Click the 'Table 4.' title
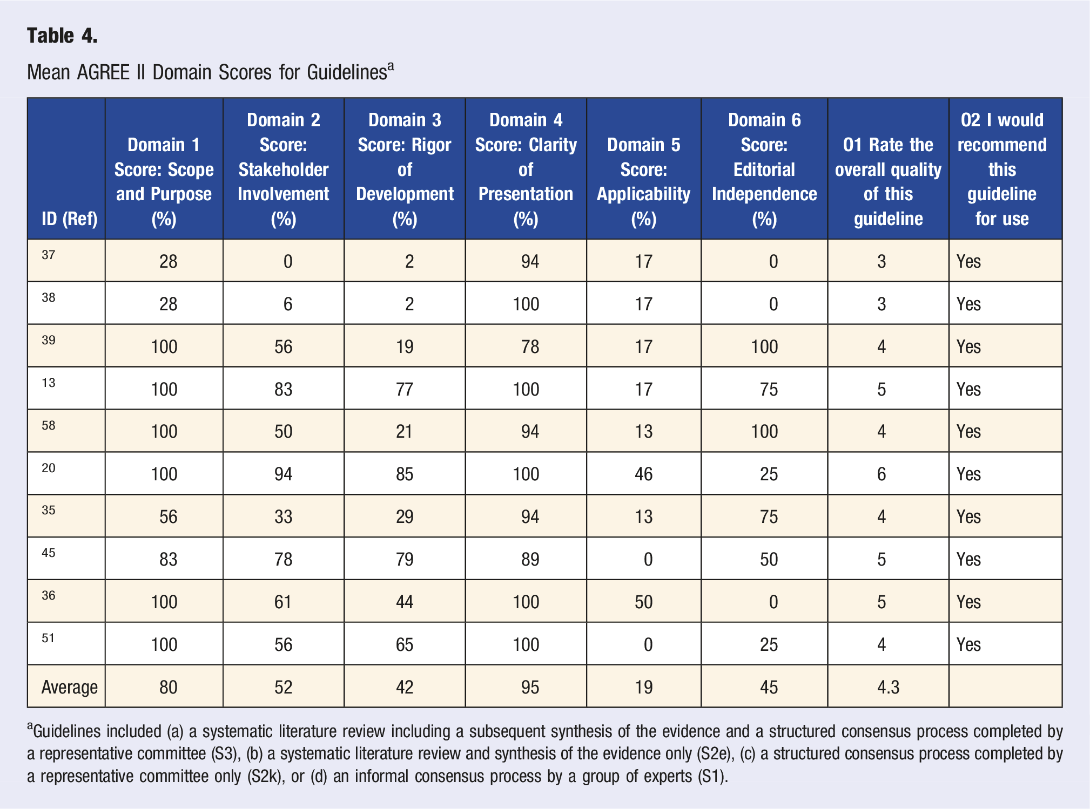click(x=62, y=36)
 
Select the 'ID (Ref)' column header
click(x=70, y=219)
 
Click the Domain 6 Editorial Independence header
click(x=764, y=169)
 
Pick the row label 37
click(x=49, y=255)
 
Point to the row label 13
click(x=49, y=383)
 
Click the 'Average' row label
click(x=70, y=687)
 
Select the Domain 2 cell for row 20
click(x=284, y=474)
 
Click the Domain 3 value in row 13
click(x=405, y=389)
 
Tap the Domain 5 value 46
click(x=644, y=474)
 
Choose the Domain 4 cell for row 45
click(x=530, y=559)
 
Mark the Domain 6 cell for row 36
click(x=773, y=602)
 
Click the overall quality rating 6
click(x=882, y=474)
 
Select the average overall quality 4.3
click(x=889, y=687)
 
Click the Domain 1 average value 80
click(x=169, y=687)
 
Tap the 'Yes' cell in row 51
click(x=968, y=644)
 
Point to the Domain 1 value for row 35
click(x=169, y=516)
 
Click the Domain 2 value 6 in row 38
click(x=288, y=304)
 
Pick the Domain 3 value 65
click(x=405, y=644)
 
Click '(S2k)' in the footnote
click(x=266, y=777)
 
